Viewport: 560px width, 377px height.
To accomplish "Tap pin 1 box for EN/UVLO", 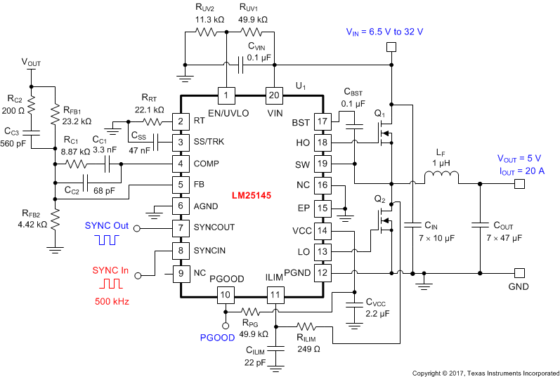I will (x=226, y=94).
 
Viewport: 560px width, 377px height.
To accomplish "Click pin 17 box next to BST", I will (x=322, y=122).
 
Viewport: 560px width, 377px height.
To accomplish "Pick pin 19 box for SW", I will (x=322, y=164).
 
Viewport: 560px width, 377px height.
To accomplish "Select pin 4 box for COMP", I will (x=182, y=164).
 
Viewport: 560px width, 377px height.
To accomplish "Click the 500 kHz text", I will (x=112, y=301).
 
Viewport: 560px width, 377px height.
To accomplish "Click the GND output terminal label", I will (x=518, y=286).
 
